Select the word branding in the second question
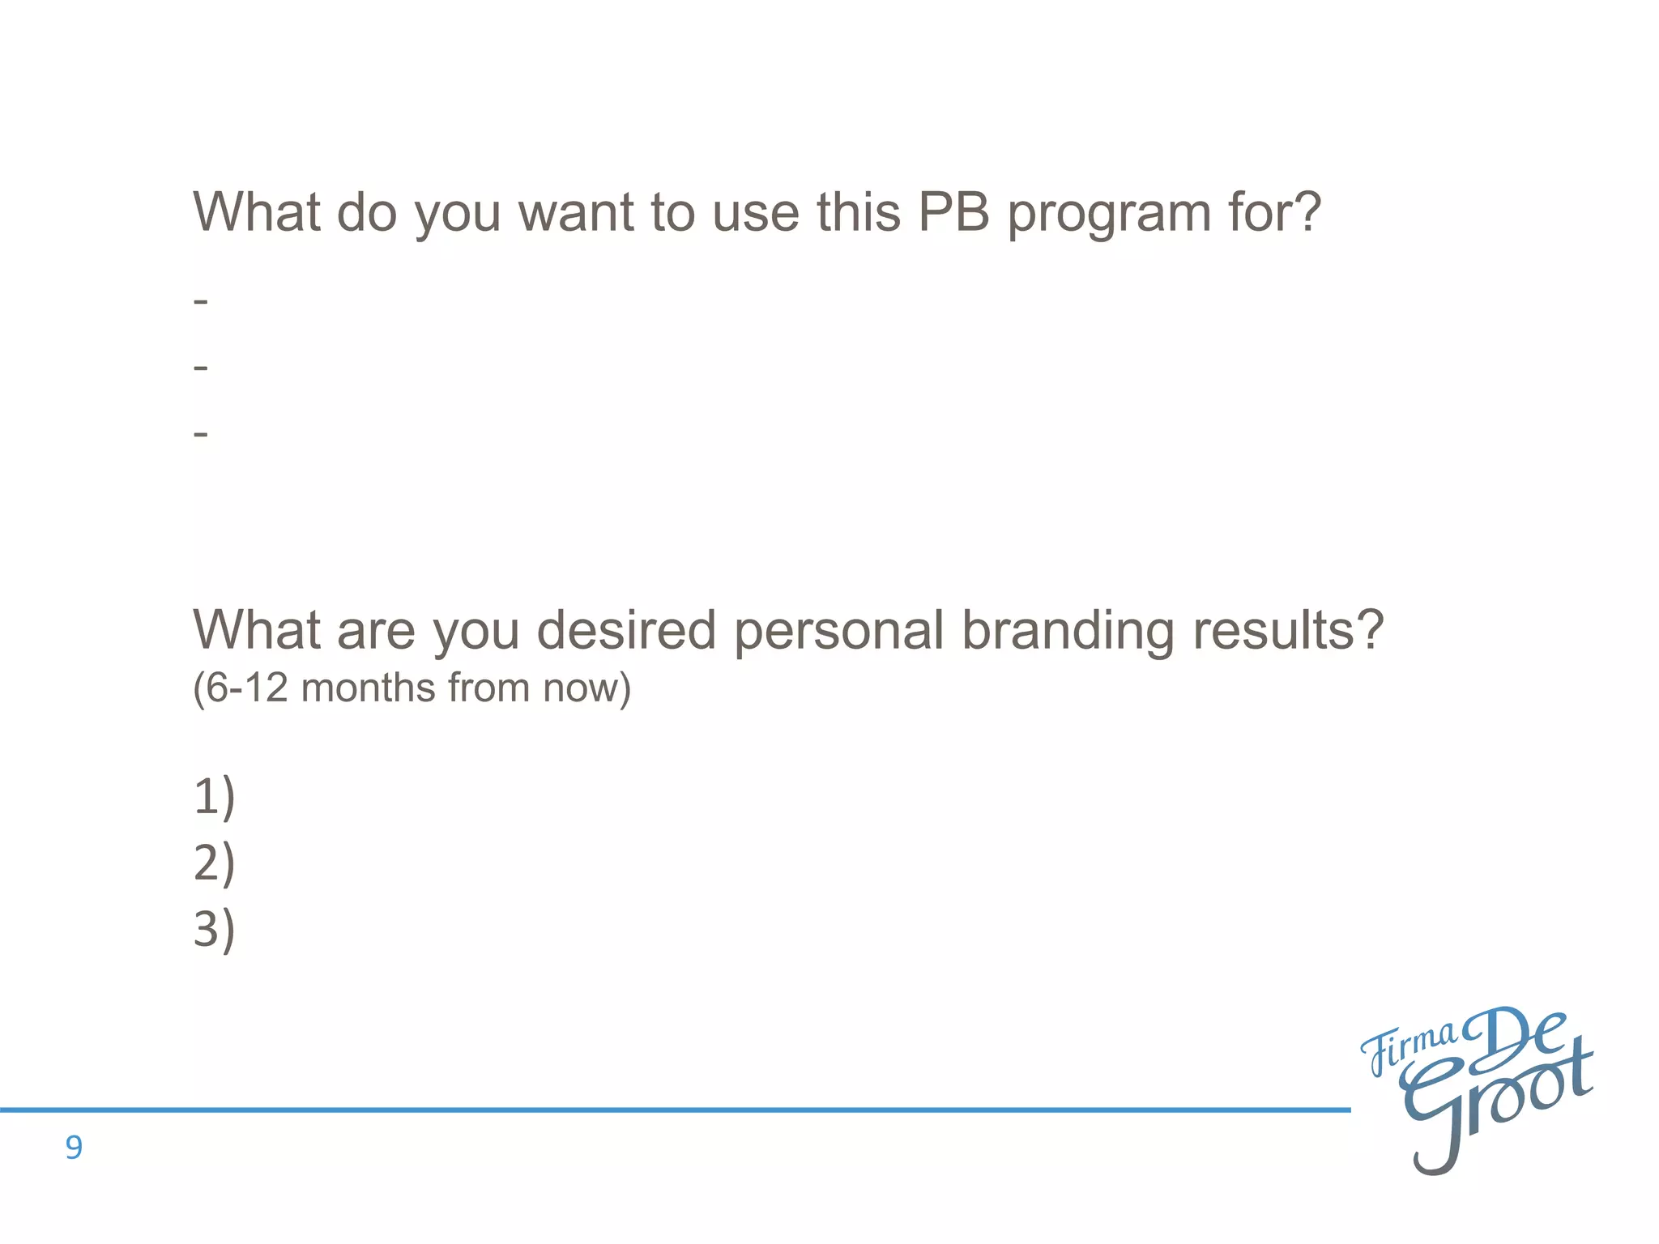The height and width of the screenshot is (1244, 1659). coord(1068,632)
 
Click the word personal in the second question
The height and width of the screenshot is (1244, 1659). coord(839,632)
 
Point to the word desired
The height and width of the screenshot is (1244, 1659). coord(626,630)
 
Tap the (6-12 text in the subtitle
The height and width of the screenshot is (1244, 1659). coord(240,688)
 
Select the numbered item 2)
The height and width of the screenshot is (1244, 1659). coord(214,863)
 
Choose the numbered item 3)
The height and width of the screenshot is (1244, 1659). coord(214,929)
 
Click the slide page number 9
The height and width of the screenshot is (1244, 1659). coord(74,1148)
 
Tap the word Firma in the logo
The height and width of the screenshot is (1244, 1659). coord(1408,1050)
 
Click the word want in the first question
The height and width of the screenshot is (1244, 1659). coord(575,212)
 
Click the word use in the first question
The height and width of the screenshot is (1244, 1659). coord(756,212)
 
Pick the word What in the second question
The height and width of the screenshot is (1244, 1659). coord(257,630)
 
